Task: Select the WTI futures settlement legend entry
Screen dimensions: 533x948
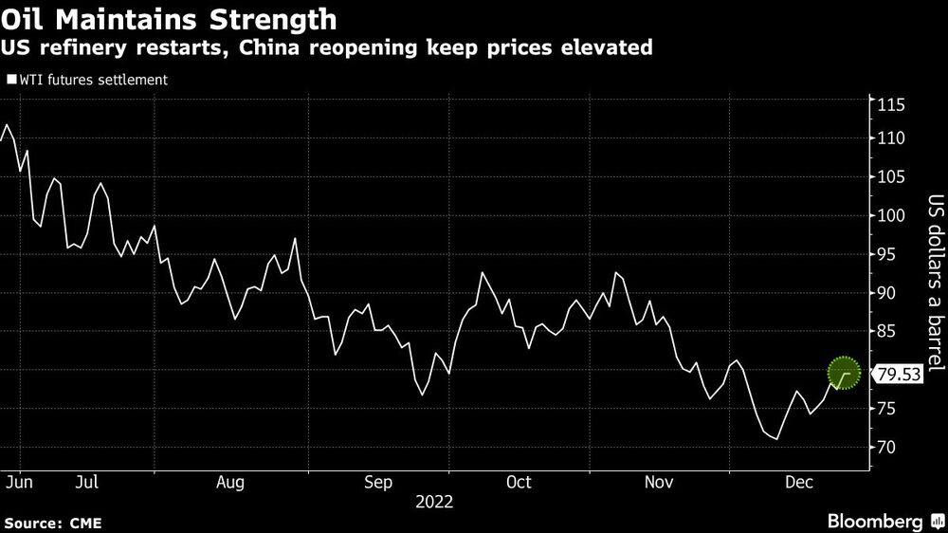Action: (87, 80)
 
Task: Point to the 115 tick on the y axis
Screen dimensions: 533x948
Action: (891, 104)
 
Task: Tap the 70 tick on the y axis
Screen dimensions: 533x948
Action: (887, 447)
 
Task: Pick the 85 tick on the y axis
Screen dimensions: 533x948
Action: (887, 331)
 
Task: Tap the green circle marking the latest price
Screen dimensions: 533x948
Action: (844, 375)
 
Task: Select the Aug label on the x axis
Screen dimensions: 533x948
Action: (230, 483)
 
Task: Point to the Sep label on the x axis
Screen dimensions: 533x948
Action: (377, 483)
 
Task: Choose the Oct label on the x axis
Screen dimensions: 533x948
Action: (519, 483)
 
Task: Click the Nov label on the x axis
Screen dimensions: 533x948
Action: (660, 483)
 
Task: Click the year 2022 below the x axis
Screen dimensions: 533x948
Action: (435, 502)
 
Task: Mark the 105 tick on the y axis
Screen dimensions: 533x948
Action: (891, 177)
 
